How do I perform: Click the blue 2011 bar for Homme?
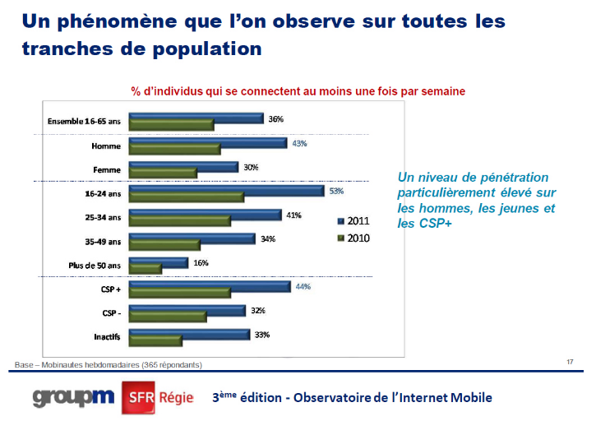point(207,142)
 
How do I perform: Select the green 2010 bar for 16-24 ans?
point(187,197)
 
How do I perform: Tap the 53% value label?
point(335,191)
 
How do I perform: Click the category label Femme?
point(108,170)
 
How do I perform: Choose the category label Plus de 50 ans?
point(95,266)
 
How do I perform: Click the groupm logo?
point(74,396)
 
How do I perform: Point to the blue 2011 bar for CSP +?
point(210,286)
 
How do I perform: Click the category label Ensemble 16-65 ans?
point(85,122)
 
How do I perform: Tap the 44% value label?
point(303,287)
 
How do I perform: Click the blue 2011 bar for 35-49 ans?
point(192,238)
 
